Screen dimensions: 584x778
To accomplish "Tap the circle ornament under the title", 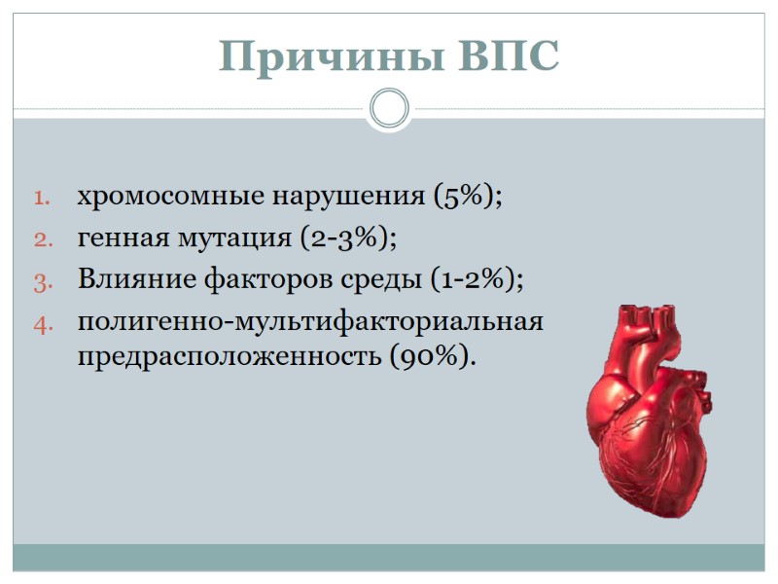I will tap(389, 108).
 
